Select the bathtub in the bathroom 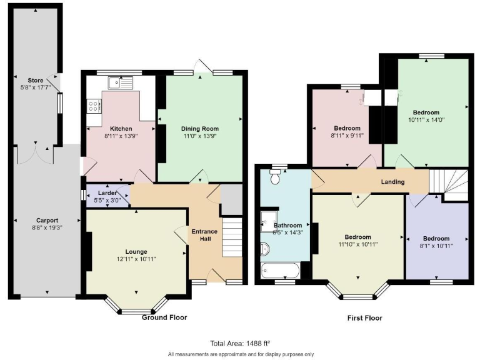[x=281, y=270]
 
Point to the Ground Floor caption [x=164, y=317]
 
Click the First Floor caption [x=364, y=317]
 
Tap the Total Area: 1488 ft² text [x=240, y=342]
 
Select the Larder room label [x=107, y=193]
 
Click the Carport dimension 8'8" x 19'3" [x=47, y=229]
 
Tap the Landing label [x=393, y=182]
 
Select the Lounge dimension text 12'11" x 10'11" [x=136, y=259]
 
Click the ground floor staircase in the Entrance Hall [x=232, y=237]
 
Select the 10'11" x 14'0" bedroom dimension [x=425, y=120]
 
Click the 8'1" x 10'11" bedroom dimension [x=436, y=246]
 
